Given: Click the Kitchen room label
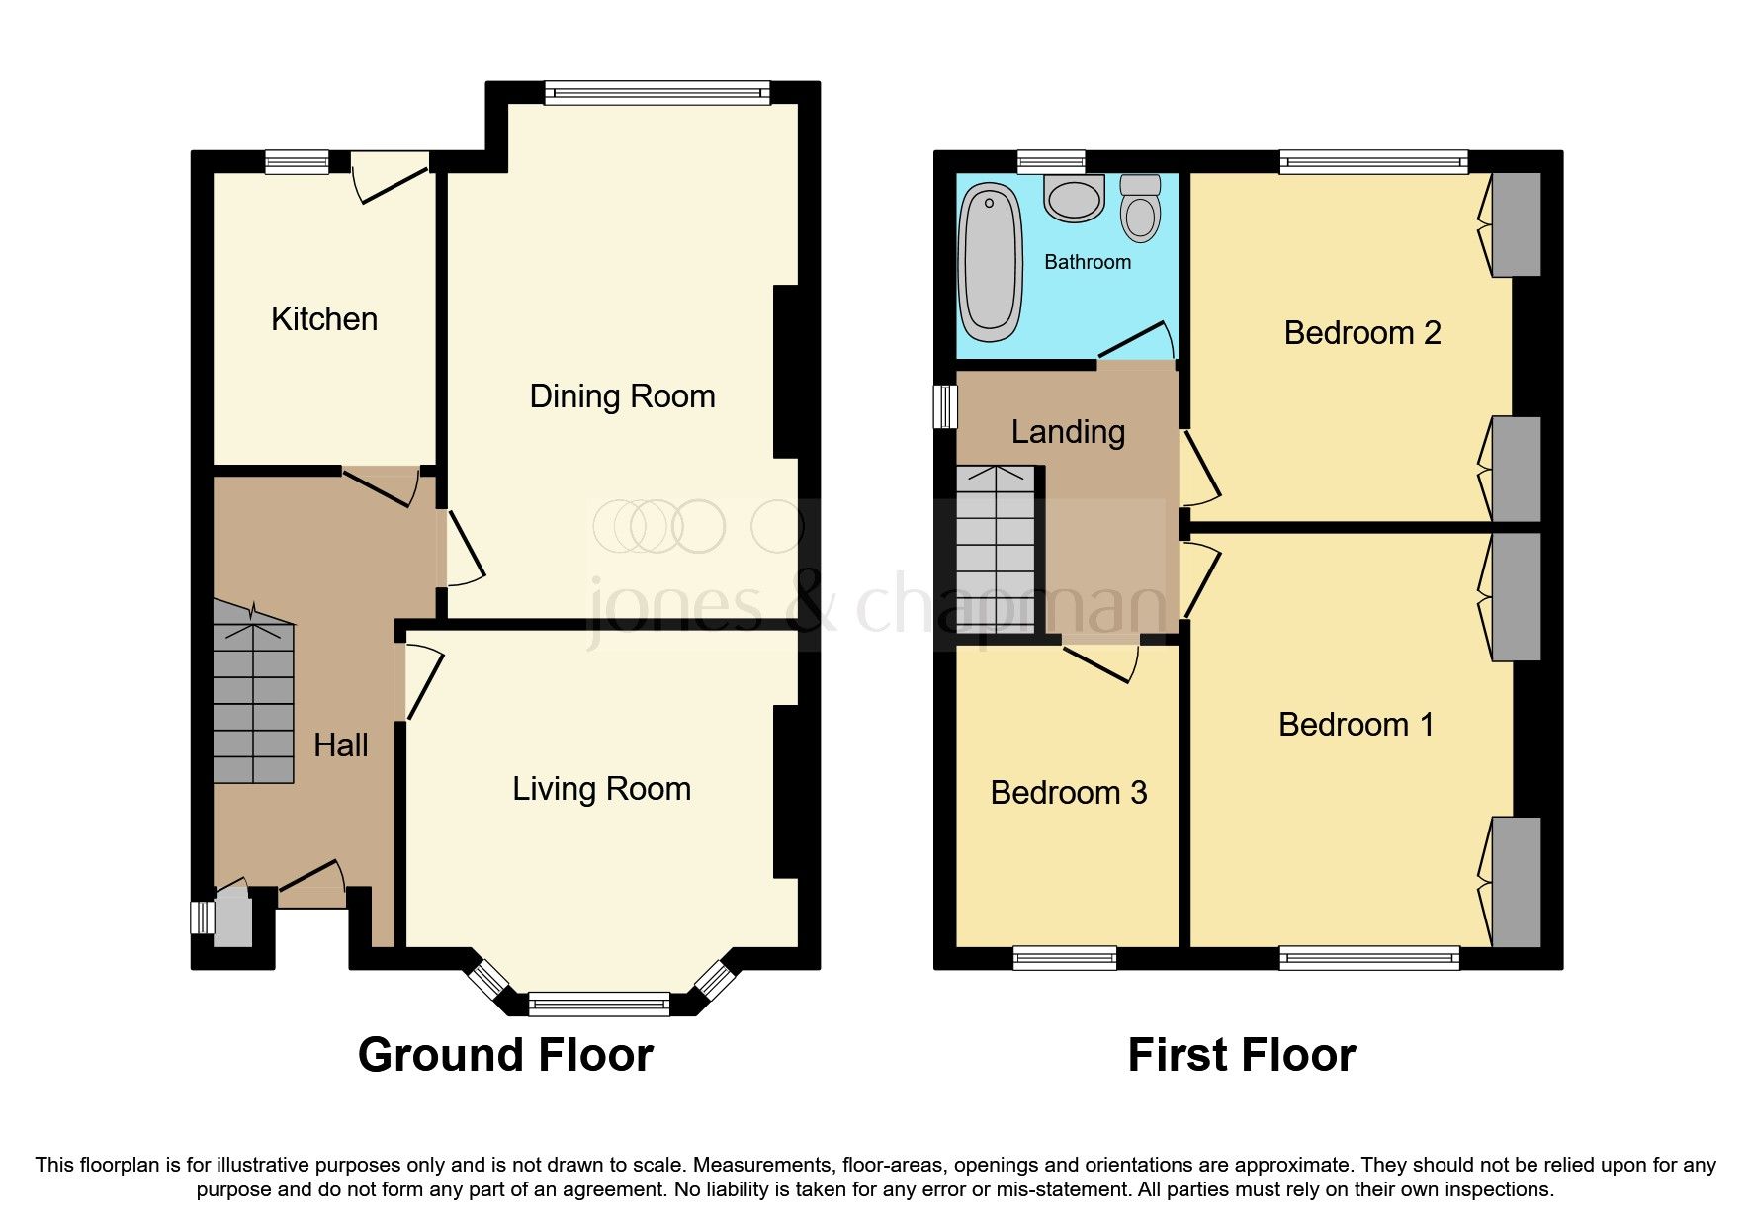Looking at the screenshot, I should click(324, 319).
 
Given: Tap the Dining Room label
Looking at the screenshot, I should click(622, 396).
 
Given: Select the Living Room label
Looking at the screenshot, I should click(601, 789).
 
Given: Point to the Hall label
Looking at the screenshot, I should click(340, 745).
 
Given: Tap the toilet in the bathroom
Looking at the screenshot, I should click(1141, 211).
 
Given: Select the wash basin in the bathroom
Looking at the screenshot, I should click(1074, 198).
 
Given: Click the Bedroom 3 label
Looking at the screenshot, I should click(1068, 793).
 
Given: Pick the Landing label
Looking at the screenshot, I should click(1068, 432).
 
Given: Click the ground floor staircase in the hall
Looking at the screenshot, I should click(253, 702).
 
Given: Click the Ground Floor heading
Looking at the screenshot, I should click(505, 1055).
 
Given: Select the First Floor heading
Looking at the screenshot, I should click(1241, 1055).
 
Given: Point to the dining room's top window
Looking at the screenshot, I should click(657, 93).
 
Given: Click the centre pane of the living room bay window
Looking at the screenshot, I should click(599, 1005).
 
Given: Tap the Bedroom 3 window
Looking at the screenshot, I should click(1064, 957).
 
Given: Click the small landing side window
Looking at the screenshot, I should click(946, 406).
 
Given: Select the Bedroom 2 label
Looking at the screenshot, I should click(1361, 333).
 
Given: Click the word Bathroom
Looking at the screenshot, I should click(1088, 262).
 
